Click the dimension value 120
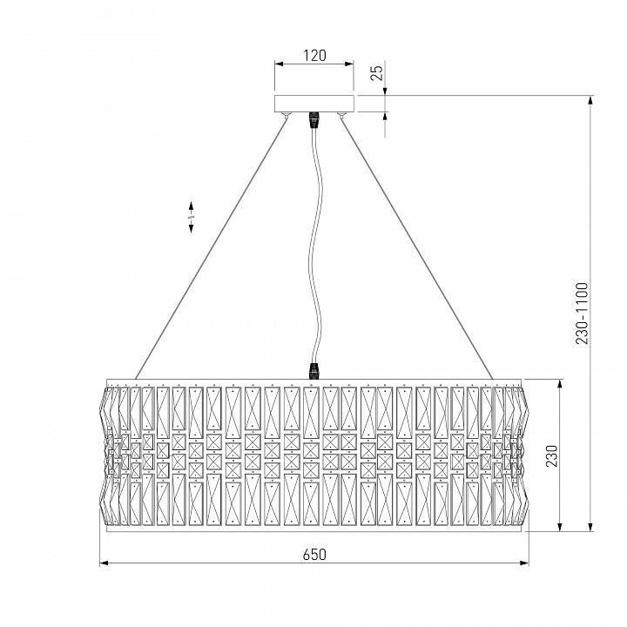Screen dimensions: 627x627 (x=314, y=55)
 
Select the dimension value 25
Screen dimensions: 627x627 (x=376, y=72)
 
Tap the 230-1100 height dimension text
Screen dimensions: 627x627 (x=582, y=313)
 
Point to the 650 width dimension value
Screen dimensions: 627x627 (x=314, y=554)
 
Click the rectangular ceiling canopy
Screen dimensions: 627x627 (x=314, y=104)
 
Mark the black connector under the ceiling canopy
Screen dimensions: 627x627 (x=314, y=119)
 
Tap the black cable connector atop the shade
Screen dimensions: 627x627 (x=312, y=372)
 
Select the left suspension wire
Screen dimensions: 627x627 (x=213, y=244)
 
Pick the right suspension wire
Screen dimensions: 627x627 (x=415, y=244)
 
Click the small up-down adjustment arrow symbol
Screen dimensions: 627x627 (x=192, y=217)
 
